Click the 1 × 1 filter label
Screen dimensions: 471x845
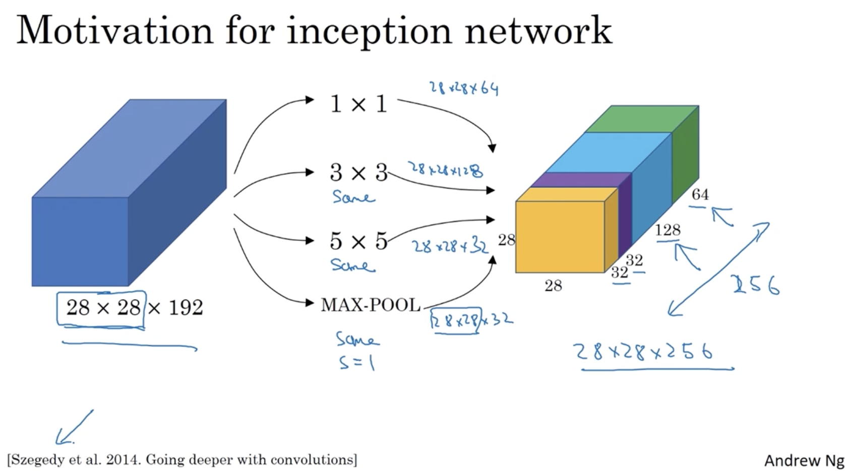[x=358, y=104]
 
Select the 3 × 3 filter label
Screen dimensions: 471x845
[x=358, y=173]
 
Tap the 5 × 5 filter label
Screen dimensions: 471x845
[x=358, y=241]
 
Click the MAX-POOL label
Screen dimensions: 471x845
[x=371, y=305]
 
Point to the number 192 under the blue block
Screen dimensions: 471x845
[x=186, y=307]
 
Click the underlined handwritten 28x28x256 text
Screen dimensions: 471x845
[x=645, y=351]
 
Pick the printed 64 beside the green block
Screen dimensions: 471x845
[x=700, y=194]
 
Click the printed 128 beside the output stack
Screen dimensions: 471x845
[x=668, y=230]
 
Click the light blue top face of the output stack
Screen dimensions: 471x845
[x=610, y=152]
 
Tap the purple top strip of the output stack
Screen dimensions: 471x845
[x=580, y=180]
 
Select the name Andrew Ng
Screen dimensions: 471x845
[x=804, y=460]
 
